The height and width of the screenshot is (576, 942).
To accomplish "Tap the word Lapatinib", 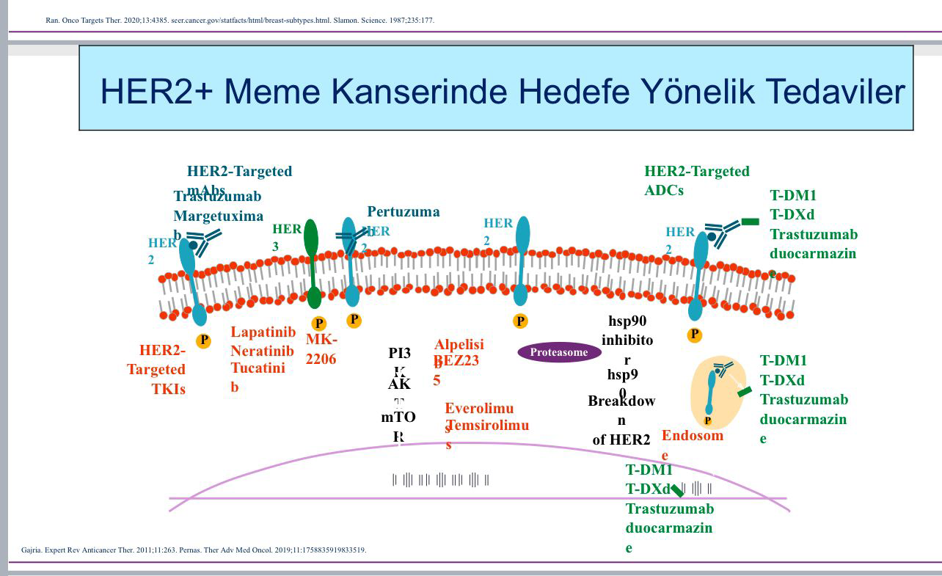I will click(x=263, y=332).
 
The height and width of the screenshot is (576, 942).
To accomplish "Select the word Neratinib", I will click(x=262, y=351).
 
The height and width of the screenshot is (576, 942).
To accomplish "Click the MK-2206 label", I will click(x=321, y=349).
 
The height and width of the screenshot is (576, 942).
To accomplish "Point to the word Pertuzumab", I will click(x=403, y=212).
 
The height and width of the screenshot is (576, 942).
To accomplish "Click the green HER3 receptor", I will click(x=312, y=260).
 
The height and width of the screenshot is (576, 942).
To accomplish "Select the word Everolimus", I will click(x=479, y=409).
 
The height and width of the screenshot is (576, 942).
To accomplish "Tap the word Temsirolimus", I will click(x=486, y=426).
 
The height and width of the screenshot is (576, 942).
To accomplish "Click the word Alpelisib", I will click(x=459, y=345).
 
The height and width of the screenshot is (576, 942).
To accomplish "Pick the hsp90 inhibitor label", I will click(x=627, y=340).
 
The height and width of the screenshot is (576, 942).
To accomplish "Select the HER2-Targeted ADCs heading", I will click(x=696, y=181).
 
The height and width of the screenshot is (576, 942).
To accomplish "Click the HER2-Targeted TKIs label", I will click(x=158, y=369).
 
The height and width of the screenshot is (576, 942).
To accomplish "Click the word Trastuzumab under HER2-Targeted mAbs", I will click(x=217, y=197).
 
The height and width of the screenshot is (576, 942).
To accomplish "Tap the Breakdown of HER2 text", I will click(x=621, y=420).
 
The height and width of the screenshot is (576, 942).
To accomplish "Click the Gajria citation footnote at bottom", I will click(x=194, y=550).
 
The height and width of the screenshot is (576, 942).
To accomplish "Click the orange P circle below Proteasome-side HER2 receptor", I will click(x=520, y=321).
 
